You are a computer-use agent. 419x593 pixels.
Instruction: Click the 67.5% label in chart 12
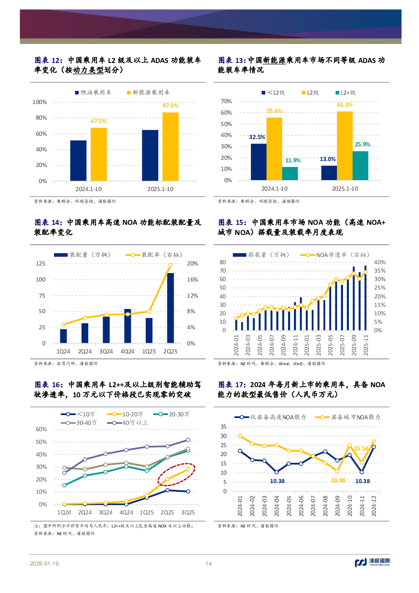98,121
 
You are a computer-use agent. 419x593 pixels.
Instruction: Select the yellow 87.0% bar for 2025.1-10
170,146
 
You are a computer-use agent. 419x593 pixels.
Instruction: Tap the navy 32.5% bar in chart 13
258,162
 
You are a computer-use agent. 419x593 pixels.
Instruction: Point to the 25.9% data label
362,145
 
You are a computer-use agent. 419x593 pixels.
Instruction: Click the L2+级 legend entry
346,93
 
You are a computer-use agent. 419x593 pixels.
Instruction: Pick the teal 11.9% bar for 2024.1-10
290,173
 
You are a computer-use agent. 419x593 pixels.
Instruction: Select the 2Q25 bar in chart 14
170,308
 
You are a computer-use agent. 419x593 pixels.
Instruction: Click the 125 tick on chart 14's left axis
41,264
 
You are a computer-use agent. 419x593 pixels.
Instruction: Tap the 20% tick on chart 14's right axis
192,264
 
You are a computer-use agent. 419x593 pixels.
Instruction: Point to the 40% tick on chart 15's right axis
379,262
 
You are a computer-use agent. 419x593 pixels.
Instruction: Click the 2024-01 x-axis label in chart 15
237,345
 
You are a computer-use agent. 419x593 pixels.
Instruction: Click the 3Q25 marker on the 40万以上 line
188,440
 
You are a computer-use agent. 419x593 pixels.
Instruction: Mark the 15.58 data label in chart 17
361,448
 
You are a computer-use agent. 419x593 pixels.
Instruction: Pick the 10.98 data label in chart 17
338,480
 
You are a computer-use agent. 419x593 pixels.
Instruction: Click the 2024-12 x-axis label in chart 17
374,506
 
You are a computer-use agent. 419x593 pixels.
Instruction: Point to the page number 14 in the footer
208,563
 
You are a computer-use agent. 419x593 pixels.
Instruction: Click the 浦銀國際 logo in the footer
372,562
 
